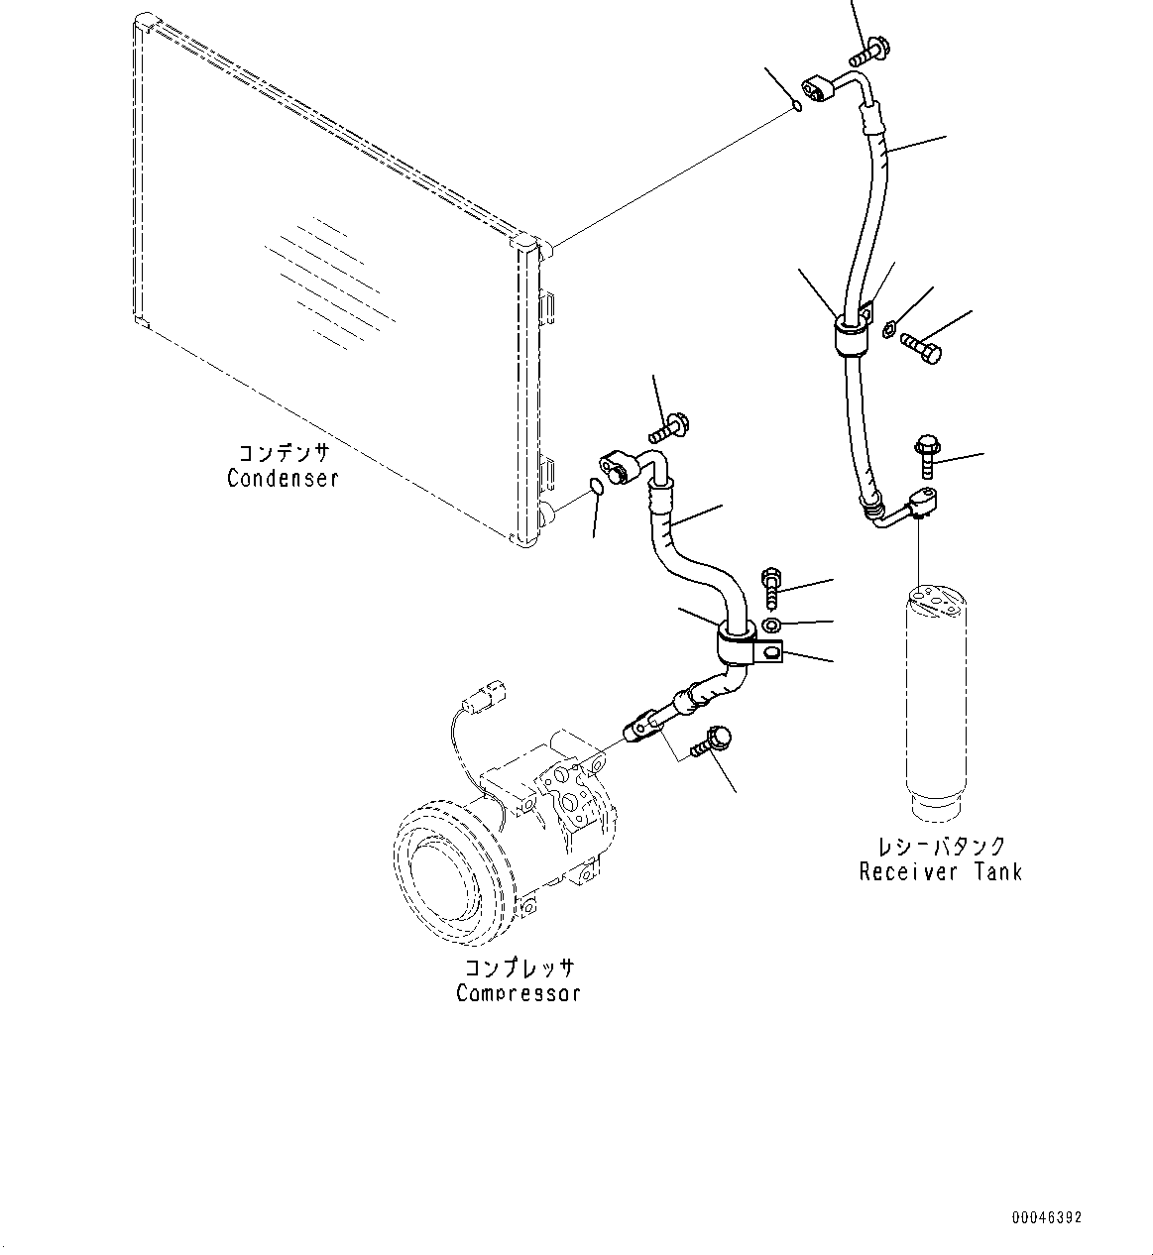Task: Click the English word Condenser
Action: [x=283, y=478]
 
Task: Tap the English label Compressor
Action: [x=519, y=992]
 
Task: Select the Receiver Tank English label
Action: [x=940, y=871]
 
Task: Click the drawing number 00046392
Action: [x=1047, y=1217]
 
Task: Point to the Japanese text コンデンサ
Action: [x=283, y=453]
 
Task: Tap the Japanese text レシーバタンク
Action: [x=941, y=847]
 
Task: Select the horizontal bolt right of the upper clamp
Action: [x=921, y=348]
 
